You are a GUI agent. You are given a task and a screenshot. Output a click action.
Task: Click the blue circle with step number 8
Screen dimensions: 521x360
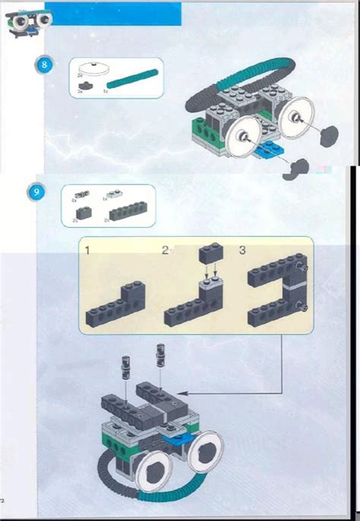(44, 65)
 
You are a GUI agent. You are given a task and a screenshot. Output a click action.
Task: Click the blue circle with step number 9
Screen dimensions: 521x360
(36, 193)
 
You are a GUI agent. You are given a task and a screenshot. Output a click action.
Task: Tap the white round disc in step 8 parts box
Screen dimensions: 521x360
(96, 65)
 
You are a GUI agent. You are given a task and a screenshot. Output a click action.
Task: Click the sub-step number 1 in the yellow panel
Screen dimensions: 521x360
(88, 249)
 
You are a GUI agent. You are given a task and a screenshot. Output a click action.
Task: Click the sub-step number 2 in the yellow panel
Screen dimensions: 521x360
(165, 249)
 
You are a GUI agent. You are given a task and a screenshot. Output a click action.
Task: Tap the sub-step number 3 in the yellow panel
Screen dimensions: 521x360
(242, 249)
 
